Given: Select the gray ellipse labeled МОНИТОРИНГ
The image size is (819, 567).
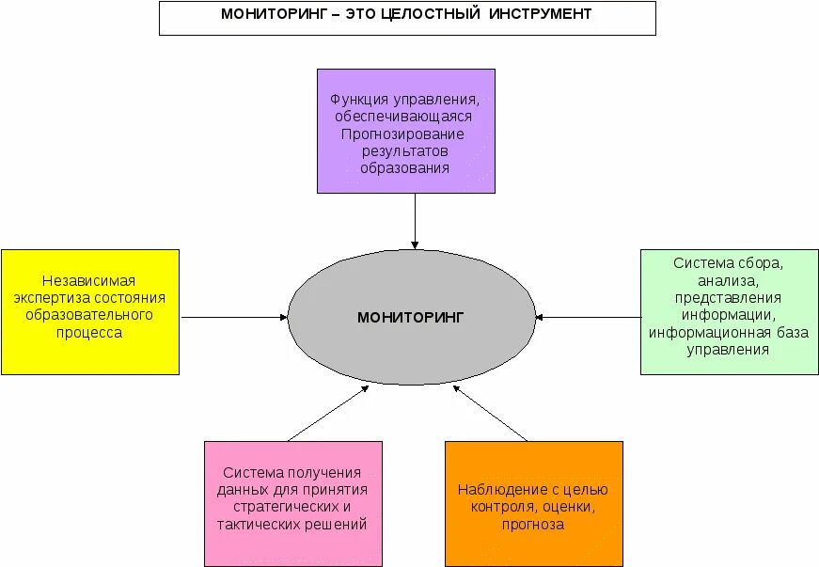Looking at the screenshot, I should (410, 317).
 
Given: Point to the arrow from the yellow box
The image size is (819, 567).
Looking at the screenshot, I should (234, 317).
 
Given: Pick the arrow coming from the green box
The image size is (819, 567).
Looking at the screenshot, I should (588, 317).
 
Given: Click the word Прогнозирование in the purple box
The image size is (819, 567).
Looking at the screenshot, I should (404, 134).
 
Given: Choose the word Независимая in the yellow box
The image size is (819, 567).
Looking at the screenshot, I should (89, 281).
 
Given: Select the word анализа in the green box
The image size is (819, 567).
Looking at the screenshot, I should (728, 280).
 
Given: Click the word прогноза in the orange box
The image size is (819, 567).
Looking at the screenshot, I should (533, 524).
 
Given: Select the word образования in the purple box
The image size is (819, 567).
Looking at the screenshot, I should (404, 167).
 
